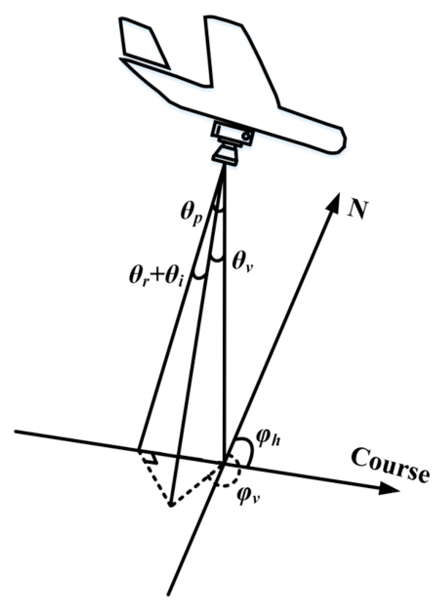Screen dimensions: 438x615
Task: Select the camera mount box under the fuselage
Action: [233, 133]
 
